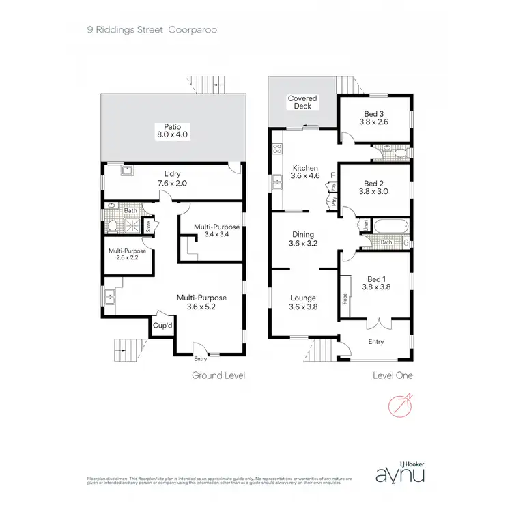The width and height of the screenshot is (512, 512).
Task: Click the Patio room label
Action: pos(171,130)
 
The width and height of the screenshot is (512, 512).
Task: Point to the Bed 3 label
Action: pos(375,117)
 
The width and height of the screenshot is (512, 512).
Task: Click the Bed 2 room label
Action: pos(375,187)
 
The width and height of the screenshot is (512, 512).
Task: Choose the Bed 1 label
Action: pos(375,283)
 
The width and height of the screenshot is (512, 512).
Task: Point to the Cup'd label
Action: pos(162,326)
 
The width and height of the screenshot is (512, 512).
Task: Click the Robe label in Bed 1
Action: pos(345,298)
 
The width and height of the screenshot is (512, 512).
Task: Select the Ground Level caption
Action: pos(218,375)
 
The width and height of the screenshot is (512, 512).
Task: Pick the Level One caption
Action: pos(393,375)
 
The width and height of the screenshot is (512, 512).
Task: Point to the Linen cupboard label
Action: pos(365,223)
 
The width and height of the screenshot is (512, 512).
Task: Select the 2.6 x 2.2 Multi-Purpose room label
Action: pos(127,255)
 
